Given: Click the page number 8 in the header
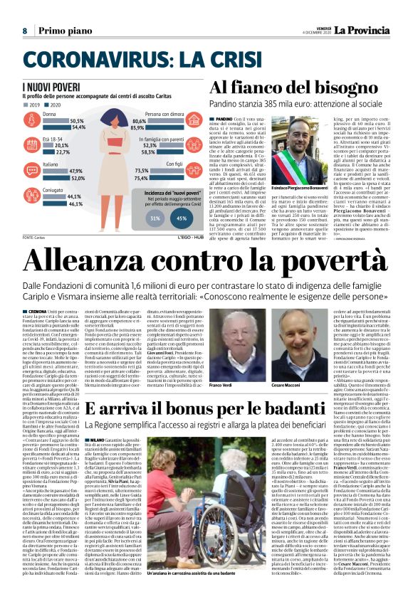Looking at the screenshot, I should (x=25, y=31).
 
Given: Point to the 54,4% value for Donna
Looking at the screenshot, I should (x=78, y=127).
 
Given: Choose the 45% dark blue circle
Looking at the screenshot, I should (x=182, y=218).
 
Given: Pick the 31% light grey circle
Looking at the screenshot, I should (x=156, y=218).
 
